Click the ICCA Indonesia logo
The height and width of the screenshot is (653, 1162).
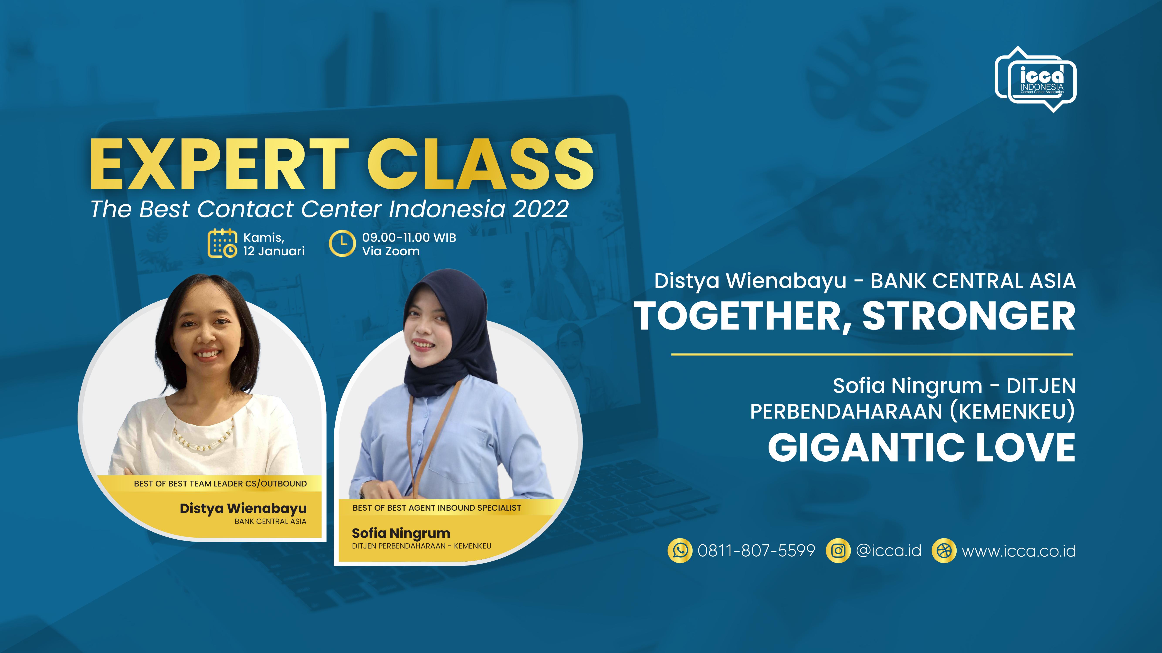pos(1035,79)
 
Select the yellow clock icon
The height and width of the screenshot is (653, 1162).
pos(342,243)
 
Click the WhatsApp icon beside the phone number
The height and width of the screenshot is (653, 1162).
pos(680,551)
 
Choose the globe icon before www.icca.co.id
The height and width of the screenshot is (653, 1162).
pos(944,551)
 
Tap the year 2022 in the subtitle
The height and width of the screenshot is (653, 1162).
pos(540,209)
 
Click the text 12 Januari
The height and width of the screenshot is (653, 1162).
pos(274,251)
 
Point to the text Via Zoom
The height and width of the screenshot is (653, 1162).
pos(391,251)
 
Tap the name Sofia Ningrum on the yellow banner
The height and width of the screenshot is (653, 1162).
pos(401,533)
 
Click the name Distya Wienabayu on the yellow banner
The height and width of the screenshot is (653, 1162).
pos(243,508)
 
